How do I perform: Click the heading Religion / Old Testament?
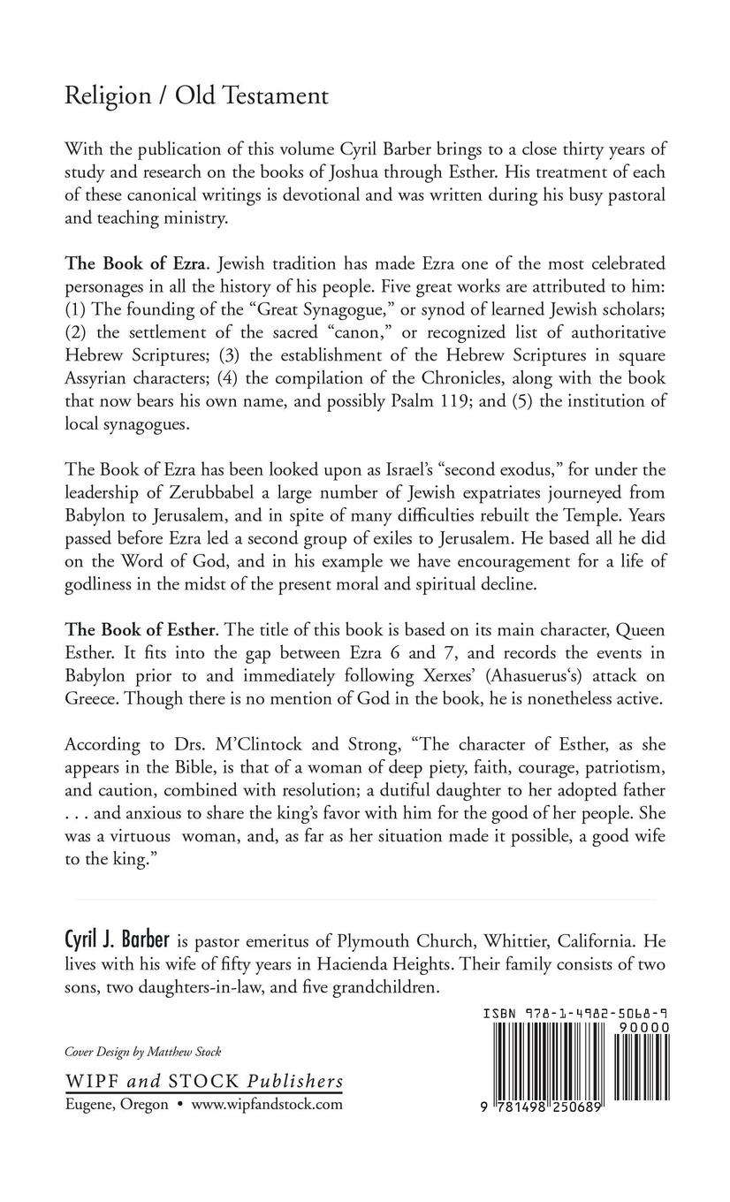pos(196,96)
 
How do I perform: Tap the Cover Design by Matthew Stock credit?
pos(142,1052)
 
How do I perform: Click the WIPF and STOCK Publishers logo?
pos(204,1082)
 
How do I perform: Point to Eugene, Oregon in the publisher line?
pos(117,1104)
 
